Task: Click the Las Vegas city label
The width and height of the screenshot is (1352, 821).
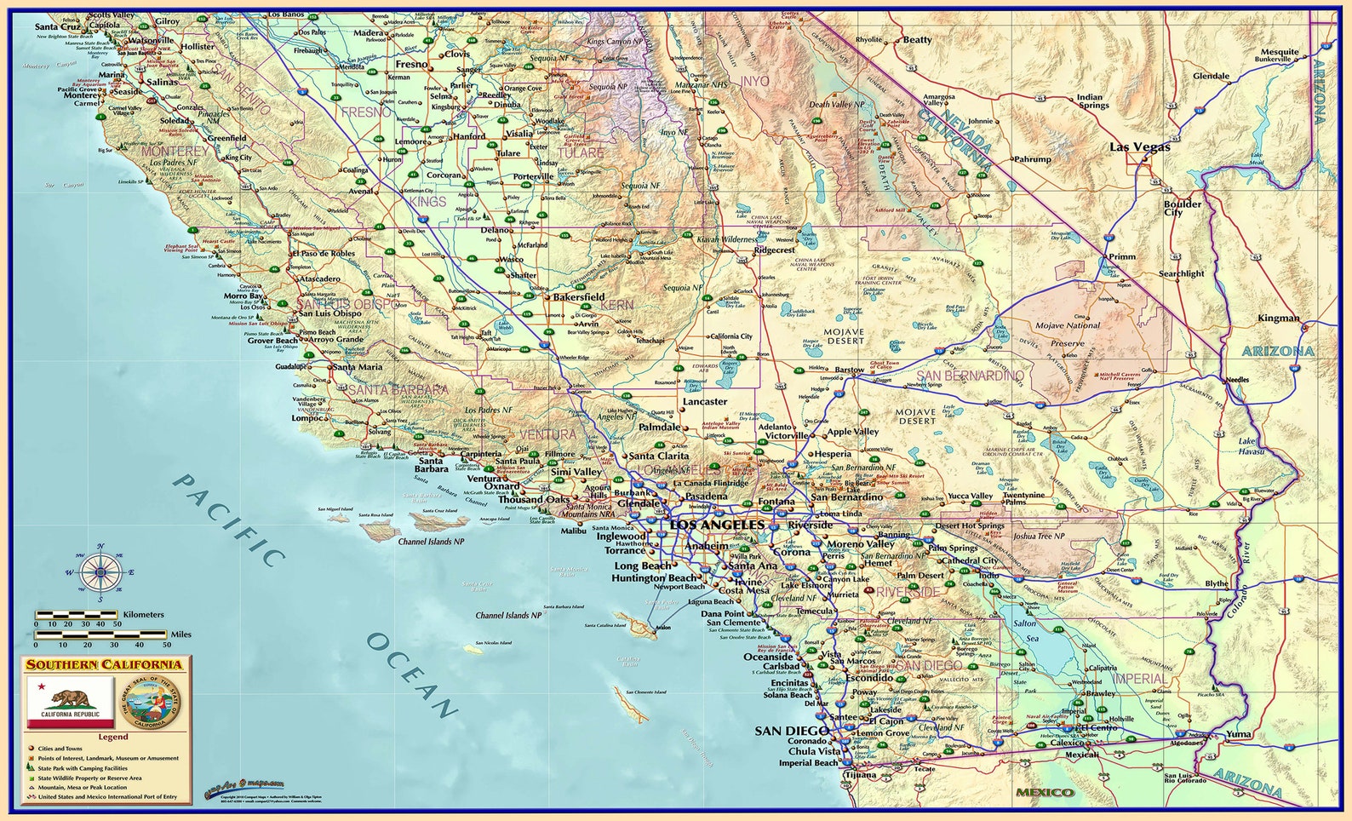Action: pos(1139,147)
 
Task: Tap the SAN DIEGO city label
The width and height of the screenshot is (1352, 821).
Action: pos(791,731)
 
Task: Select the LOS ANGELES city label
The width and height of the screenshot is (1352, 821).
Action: pos(717,525)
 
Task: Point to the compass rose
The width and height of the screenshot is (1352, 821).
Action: pos(100,572)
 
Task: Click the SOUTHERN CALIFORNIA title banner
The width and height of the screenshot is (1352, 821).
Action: pos(105,664)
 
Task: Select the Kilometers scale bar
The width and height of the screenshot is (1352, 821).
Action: pos(77,614)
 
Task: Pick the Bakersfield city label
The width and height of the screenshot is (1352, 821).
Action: pos(579,297)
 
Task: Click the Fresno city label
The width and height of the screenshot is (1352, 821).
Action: pos(411,65)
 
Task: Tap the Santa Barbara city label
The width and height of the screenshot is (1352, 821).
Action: pos(432,465)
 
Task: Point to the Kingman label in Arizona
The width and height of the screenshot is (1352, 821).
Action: pos(1279,319)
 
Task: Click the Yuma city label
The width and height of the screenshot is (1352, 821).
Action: pos(1239,733)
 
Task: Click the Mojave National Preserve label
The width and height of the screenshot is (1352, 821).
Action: pos(1068,334)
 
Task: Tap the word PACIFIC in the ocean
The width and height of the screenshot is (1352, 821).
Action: pos(228,520)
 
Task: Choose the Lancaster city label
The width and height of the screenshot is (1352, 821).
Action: pos(705,401)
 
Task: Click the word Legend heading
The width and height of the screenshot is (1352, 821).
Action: pos(112,737)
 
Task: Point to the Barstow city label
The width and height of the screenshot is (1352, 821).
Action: pos(849,370)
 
